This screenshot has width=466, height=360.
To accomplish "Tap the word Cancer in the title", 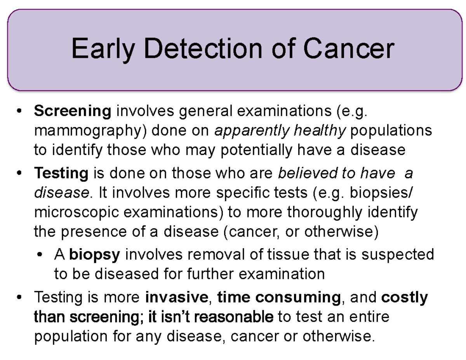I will click(348, 50).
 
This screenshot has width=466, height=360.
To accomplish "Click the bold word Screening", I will click(73, 112).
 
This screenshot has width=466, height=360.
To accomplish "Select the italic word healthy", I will click(320, 131).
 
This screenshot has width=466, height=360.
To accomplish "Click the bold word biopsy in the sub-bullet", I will click(95, 255).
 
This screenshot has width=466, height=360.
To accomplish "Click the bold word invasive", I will click(176, 298).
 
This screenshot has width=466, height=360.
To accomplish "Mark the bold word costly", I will click(405, 298).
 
